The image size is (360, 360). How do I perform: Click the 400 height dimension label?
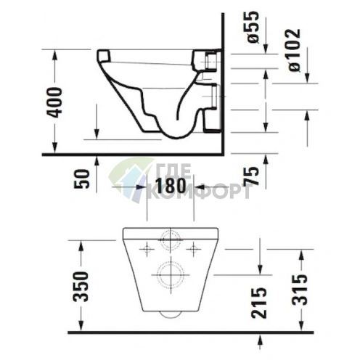[54, 102]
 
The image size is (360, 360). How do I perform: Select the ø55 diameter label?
[253, 28]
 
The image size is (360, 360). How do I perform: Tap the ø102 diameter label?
[295, 50]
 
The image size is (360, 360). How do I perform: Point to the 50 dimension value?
[81, 179]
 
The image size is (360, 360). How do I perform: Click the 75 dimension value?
[251, 176]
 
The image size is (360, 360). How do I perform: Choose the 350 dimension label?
[81, 287]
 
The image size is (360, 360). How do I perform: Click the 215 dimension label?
[258, 303]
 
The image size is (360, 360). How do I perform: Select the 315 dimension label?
[300, 290]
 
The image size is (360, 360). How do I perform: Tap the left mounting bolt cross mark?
[147, 249]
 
